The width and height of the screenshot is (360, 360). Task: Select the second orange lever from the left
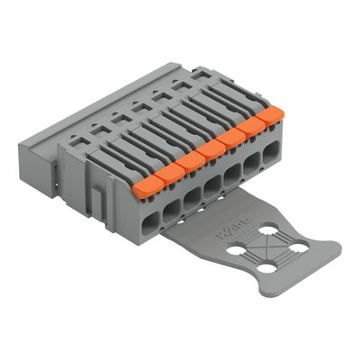[167, 171]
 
